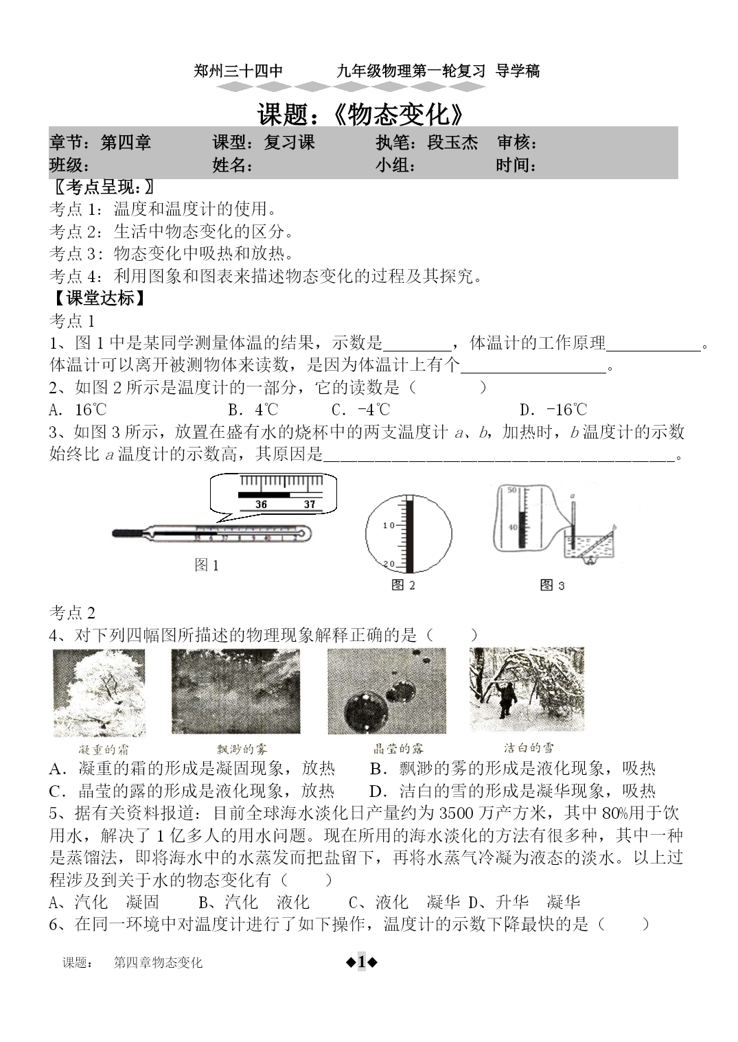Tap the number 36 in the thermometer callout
[261, 504]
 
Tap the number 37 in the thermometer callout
[310, 504]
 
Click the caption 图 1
[207, 565]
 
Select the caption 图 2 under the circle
[403, 585]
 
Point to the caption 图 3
[552, 585]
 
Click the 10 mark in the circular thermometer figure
[389, 526]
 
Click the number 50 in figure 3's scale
[511, 490]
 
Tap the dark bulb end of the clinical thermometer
[128, 533]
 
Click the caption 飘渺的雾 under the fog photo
[236, 749]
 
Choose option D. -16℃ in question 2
[553, 410]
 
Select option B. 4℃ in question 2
[253, 410]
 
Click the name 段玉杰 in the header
[452, 143]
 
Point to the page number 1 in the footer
[362, 962]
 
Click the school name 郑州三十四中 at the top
[238, 71]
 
